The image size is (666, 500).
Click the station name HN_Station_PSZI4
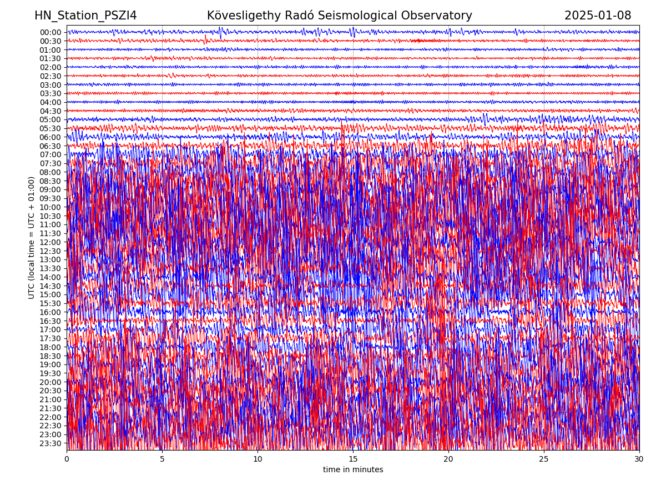(x=85, y=16)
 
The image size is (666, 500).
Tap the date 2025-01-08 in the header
(x=598, y=16)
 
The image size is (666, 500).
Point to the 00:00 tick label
(x=50, y=32)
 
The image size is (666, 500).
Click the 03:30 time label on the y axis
(x=50, y=93)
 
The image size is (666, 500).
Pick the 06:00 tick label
(x=50, y=137)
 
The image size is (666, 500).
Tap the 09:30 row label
(x=50, y=198)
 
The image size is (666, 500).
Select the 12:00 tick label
(x=50, y=242)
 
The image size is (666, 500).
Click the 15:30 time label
(x=50, y=303)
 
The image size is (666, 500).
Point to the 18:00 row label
(x=50, y=347)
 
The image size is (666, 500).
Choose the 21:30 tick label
(x=50, y=408)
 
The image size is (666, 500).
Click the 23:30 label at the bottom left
(x=50, y=443)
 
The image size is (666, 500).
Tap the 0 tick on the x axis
(x=67, y=459)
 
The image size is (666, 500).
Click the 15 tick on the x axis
(x=353, y=459)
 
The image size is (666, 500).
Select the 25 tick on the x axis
(x=544, y=459)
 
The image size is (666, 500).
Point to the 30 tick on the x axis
(x=639, y=459)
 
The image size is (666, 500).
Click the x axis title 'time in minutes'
(x=353, y=470)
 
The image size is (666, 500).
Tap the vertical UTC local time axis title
(x=32, y=237)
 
